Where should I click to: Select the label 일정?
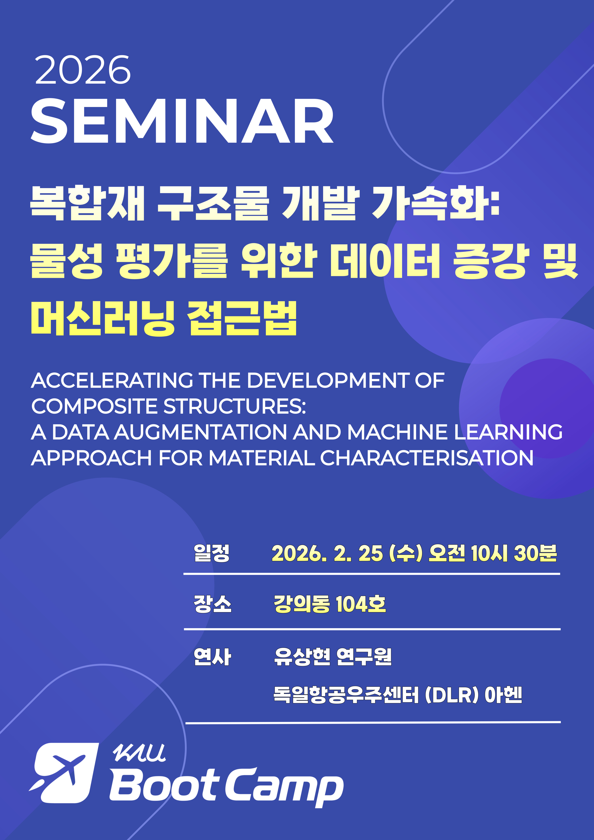212,553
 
